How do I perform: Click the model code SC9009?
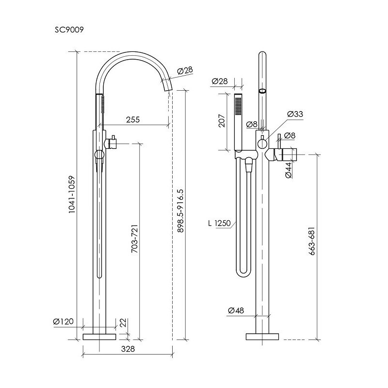pyautogui.click(x=69, y=30)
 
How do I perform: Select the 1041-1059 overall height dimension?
pyautogui.click(x=71, y=194)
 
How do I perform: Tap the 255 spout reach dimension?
pyautogui.click(x=133, y=119)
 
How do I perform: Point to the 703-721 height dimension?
pyautogui.click(x=134, y=239)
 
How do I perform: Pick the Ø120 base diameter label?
pyautogui.click(x=64, y=322)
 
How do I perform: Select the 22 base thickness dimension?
pyautogui.click(x=123, y=323)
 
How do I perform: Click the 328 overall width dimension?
pyautogui.click(x=128, y=349)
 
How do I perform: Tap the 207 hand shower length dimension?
pyautogui.click(x=222, y=121)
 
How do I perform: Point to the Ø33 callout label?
pyautogui.click(x=295, y=114)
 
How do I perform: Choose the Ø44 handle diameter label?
pyautogui.click(x=288, y=170)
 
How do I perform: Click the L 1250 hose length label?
pyautogui.click(x=219, y=223)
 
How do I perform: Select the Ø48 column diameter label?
pyautogui.click(x=236, y=310)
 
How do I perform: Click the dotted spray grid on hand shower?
pyautogui.click(x=238, y=106)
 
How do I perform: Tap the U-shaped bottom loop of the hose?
pyautogui.click(x=244, y=272)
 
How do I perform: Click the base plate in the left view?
pyautogui.click(x=99, y=337)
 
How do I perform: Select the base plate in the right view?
pyautogui.click(x=262, y=337)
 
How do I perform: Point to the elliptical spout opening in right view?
pyautogui.click(x=262, y=91)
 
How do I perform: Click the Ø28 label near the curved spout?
pyautogui.click(x=185, y=71)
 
